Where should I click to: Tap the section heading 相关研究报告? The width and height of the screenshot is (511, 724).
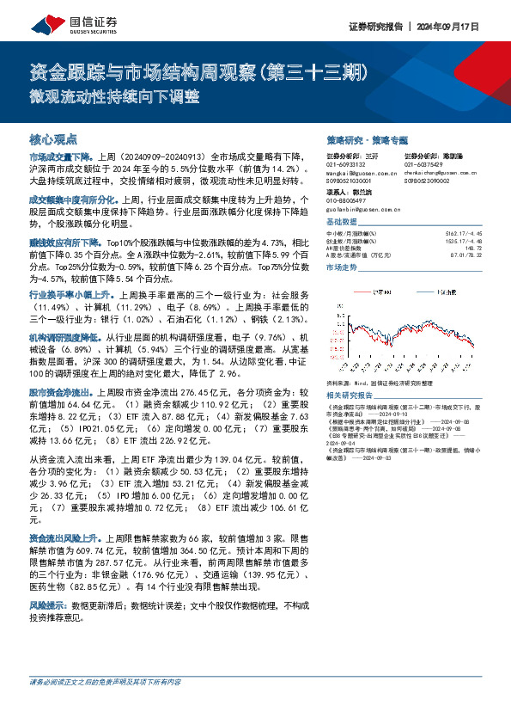[350, 395]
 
